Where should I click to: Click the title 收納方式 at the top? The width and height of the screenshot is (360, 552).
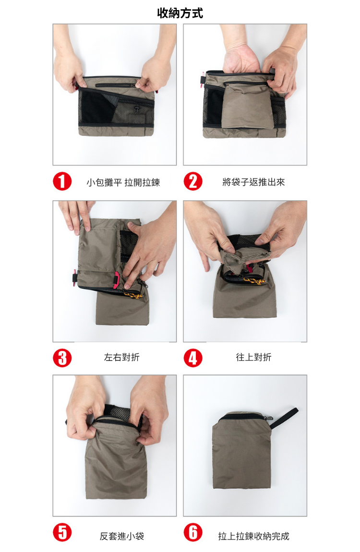click(180, 13)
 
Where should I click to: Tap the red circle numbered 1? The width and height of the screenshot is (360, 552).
click(62, 181)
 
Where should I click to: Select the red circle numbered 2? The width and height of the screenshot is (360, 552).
click(193, 181)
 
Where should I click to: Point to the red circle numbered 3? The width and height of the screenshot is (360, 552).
click(62, 358)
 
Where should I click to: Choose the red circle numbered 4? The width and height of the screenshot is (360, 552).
click(193, 358)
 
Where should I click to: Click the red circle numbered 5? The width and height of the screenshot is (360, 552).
click(62, 533)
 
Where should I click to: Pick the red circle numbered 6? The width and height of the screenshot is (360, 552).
click(193, 533)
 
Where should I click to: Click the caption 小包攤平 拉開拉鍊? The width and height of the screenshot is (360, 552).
click(123, 182)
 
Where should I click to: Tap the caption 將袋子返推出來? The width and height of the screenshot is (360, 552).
click(253, 182)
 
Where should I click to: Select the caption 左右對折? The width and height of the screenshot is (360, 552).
click(122, 357)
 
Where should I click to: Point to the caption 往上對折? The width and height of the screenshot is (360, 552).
click(253, 357)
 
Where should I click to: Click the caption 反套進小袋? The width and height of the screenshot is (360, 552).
click(122, 536)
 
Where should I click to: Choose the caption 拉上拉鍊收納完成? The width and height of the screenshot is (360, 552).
click(253, 536)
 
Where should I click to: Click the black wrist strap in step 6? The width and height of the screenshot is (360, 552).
click(284, 418)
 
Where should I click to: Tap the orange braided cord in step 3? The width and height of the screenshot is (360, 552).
click(133, 295)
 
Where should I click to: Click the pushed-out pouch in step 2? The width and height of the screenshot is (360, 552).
click(248, 106)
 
